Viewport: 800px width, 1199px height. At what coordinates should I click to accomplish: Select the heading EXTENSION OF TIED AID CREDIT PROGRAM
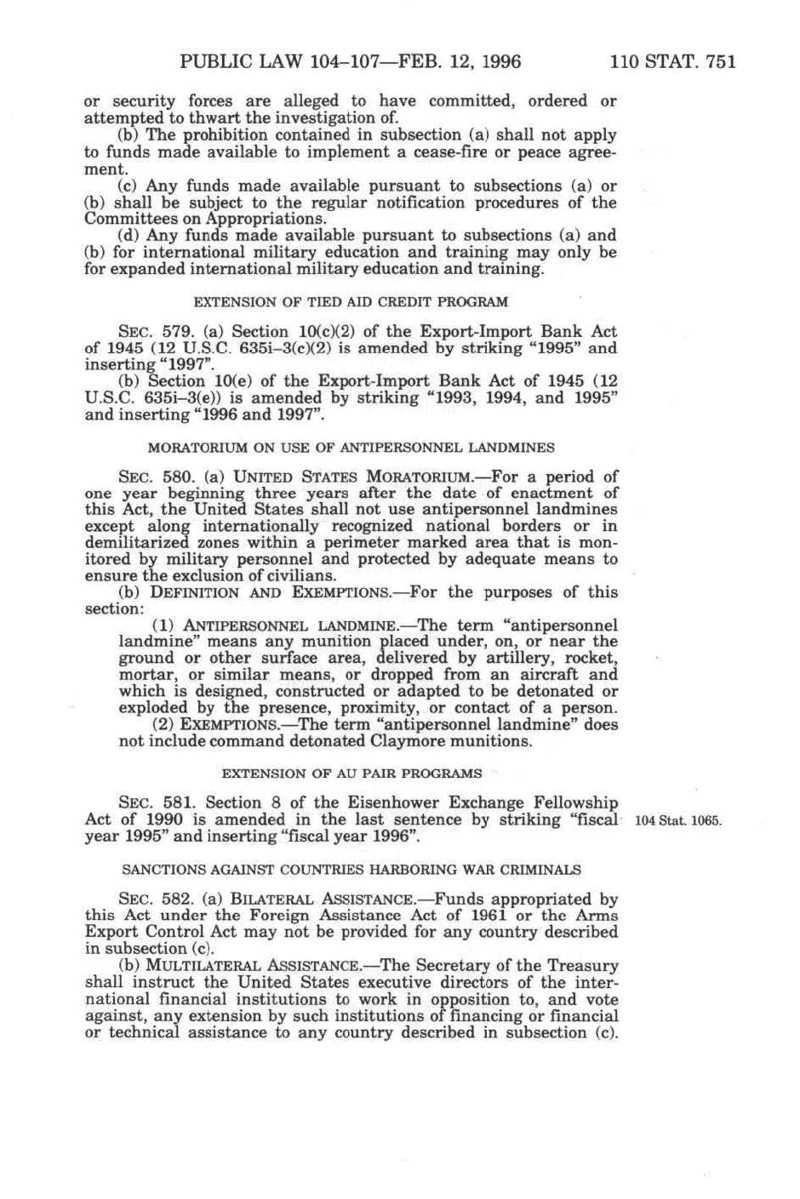click(351, 302)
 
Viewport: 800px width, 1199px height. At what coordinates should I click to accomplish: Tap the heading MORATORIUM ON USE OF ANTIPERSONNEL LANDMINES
click(351, 447)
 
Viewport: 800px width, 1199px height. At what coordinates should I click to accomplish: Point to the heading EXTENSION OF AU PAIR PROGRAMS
click(351, 774)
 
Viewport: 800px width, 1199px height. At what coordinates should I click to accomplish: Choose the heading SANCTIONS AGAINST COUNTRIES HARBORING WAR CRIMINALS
click(351, 870)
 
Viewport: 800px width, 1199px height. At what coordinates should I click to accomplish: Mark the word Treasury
click(576, 966)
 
